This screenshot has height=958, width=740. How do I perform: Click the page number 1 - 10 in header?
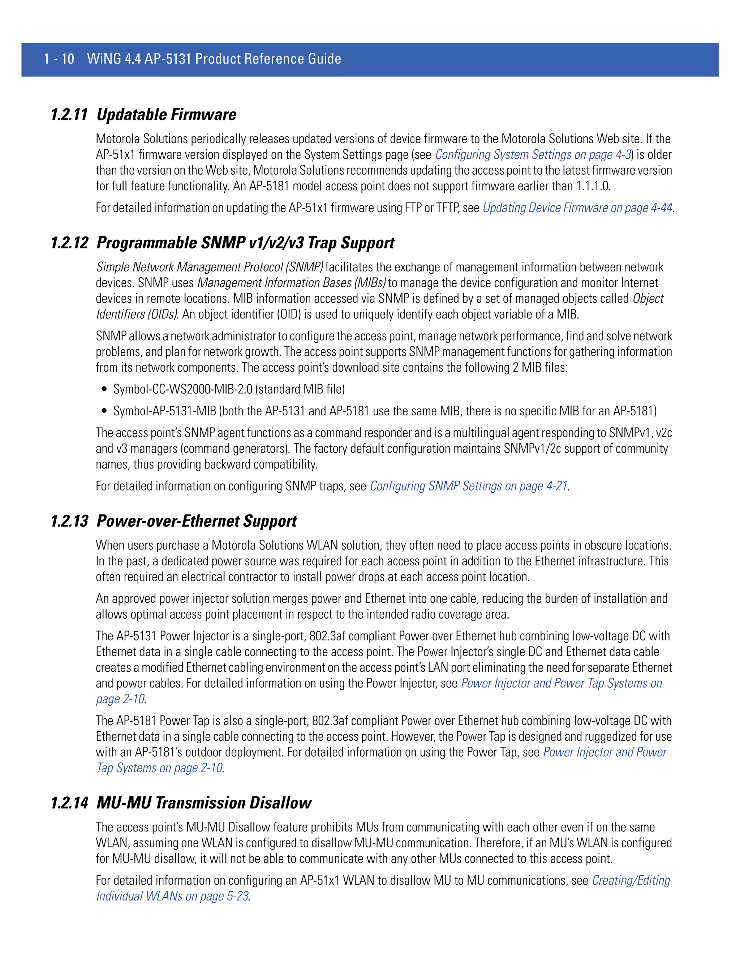pyautogui.click(x=59, y=59)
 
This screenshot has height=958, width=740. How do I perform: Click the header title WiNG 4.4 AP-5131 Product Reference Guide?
pyautogui.click(x=214, y=59)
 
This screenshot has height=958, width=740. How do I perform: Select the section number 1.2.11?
pyautogui.click(x=69, y=115)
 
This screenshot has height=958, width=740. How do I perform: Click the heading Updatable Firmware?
pyautogui.click(x=166, y=115)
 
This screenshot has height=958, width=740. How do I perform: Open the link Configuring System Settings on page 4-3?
pyautogui.click(x=533, y=155)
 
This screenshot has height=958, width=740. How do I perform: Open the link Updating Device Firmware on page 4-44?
pyautogui.click(x=577, y=208)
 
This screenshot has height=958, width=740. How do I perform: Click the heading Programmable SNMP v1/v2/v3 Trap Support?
pyautogui.click(x=245, y=243)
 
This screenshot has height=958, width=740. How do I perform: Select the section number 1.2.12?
pyautogui.click(x=69, y=243)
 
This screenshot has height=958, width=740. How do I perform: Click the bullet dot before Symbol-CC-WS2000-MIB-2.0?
pyautogui.click(x=104, y=389)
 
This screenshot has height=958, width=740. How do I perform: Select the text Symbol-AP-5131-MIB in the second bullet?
pyautogui.click(x=165, y=411)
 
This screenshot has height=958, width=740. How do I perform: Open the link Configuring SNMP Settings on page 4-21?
pyautogui.click(x=469, y=486)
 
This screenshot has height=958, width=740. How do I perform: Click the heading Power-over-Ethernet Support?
pyautogui.click(x=197, y=521)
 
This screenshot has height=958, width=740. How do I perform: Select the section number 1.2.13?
pyautogui.click(x=69, y=521)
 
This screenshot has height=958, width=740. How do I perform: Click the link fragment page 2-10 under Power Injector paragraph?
pyautogui.click(x=120, y=699)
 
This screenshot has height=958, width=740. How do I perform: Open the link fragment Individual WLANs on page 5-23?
pyautogui.click(x=172, y=896)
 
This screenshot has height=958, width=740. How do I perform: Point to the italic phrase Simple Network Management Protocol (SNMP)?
pyautogui.click(x=210, y=267)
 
